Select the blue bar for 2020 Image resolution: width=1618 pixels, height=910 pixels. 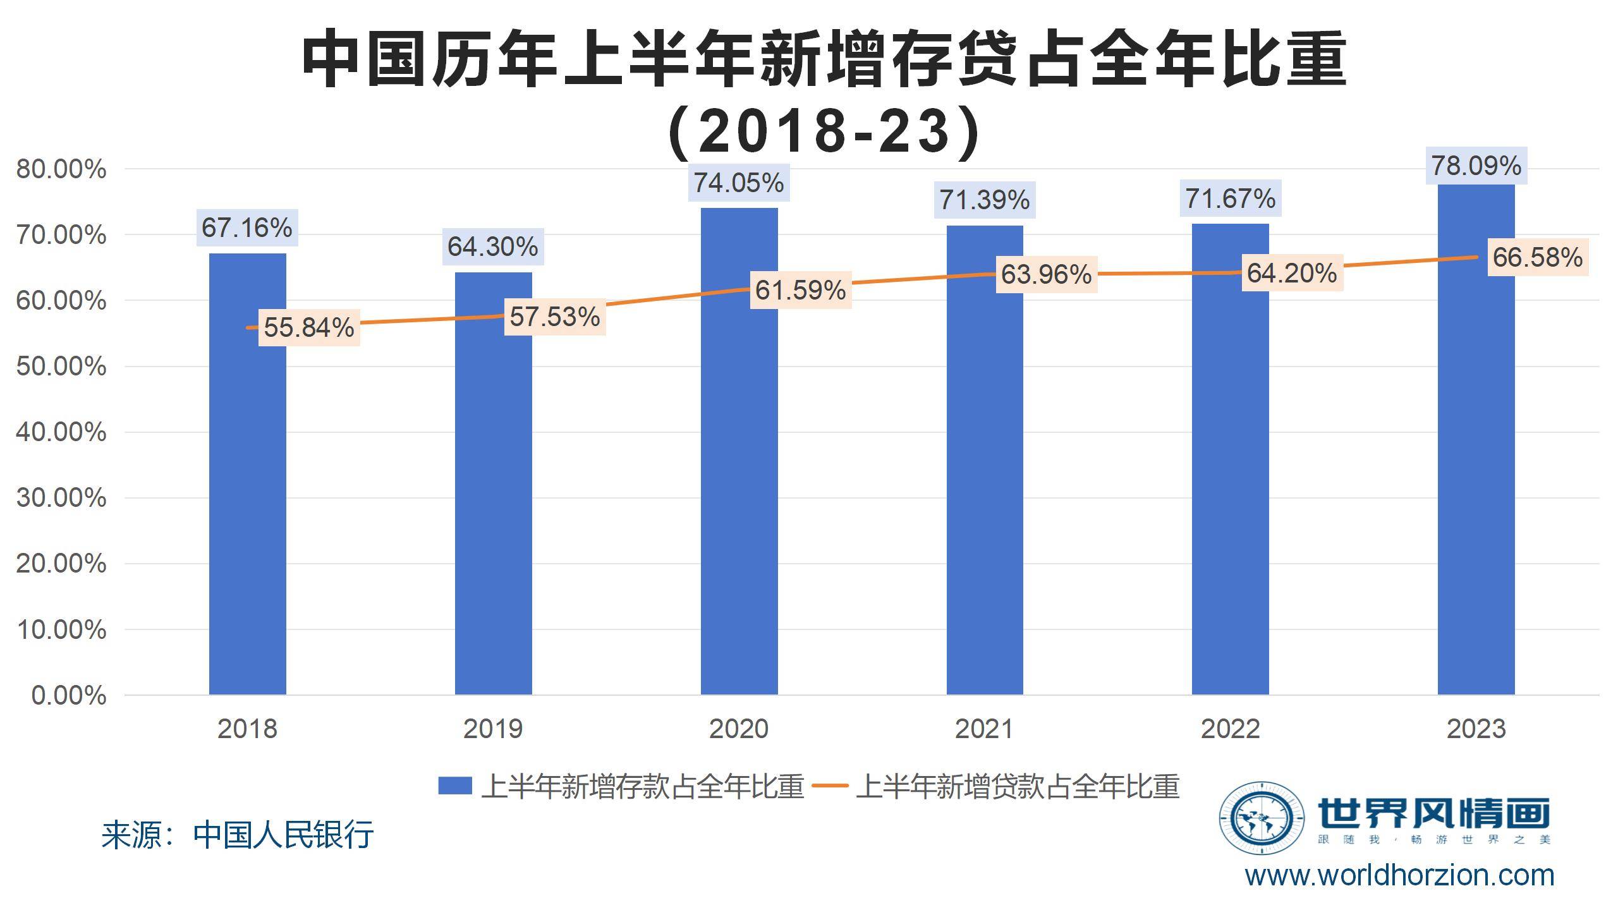(739, 455)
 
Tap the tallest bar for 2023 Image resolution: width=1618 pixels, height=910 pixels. (1476, 442)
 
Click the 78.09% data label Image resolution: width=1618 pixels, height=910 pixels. (1476, 166)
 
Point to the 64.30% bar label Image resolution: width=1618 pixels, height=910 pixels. (492, 246)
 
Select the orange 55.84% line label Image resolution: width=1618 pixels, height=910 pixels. (308, 327)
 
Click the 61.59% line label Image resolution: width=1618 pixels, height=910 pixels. (800, 290)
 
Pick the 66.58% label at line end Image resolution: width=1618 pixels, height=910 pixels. (1537, 257)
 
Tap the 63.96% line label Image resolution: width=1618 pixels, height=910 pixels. (1046, 274)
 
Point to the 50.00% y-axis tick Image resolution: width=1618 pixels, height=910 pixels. (61, 367)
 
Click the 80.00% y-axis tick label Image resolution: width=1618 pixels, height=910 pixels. (61, 169)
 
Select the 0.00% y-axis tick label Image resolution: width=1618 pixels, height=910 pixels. (68, 696)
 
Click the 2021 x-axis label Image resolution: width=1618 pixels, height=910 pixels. (984, 729)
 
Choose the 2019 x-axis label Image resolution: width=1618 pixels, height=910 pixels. (492, 729)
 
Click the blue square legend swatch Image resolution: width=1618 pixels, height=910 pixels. (454, 786)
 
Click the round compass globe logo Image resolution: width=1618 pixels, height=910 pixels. (1261, 818)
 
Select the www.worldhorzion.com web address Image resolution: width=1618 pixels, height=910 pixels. (1399, 876)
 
